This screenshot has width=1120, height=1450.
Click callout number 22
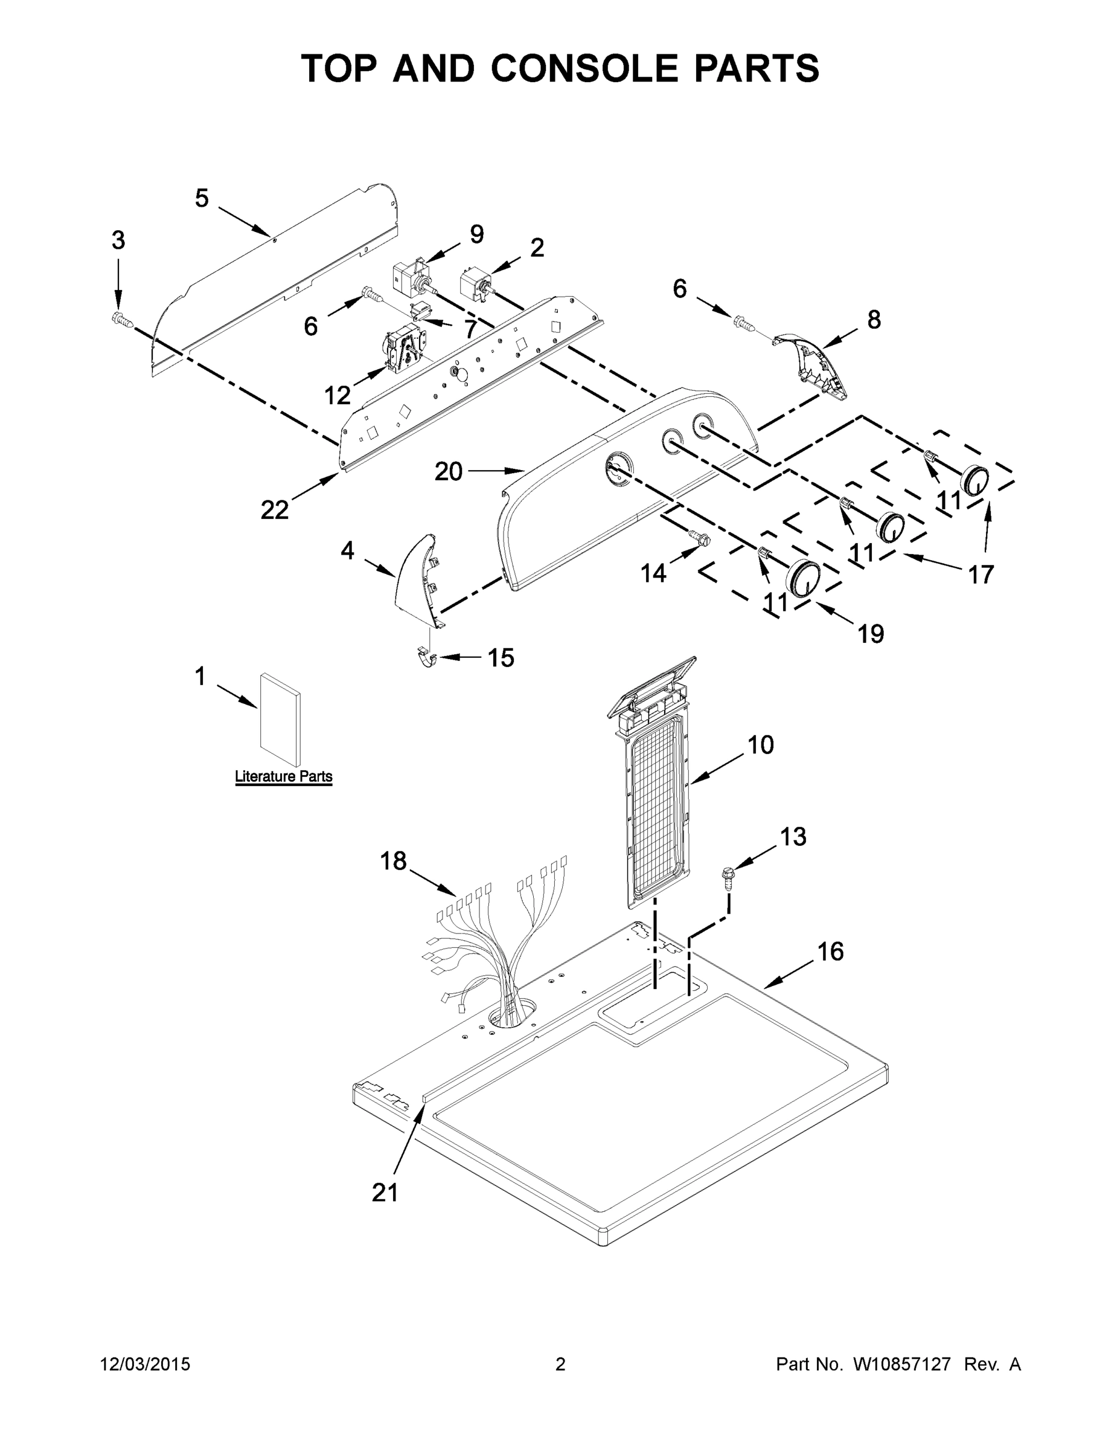[x=274, y=509]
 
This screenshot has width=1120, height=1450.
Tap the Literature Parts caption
[x=283, y=776]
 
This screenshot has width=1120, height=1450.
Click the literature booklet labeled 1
[x=280, y=720]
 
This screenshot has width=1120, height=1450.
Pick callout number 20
[x=449, y=471]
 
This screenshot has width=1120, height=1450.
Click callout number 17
[x=981, y=573]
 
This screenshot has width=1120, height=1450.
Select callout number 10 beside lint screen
[x=760, y=745]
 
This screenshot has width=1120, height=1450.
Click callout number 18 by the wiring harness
[x=393, y=861]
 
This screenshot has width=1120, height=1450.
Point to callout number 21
[x=385, y=1193]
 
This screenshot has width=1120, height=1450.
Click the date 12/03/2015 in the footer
[x=146, y=1364]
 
